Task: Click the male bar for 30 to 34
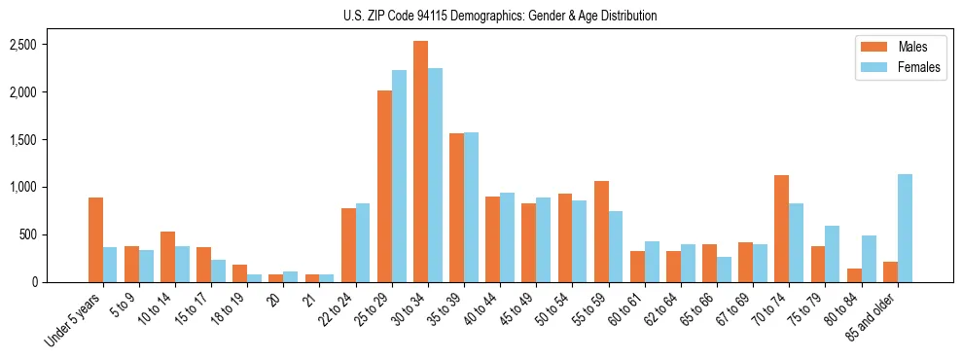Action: point(420,162)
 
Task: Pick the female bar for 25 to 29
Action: point(399,176)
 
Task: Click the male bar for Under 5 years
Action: point(95,239)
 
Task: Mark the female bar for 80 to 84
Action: point(869,259)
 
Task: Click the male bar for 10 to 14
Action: point(167,257)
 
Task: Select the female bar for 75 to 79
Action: point(833,254)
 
